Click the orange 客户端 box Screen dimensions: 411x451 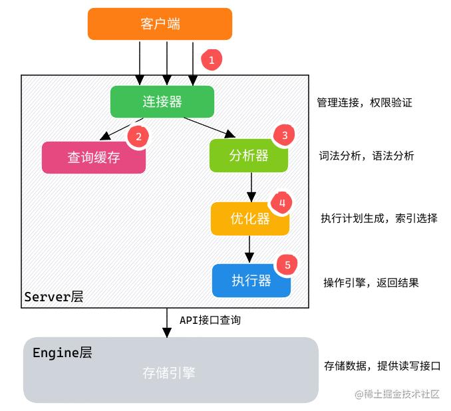click(160, 24)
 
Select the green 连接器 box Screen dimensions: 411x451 click(162, 101)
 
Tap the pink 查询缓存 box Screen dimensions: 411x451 click(94, 158)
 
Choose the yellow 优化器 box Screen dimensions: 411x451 click(249, 219)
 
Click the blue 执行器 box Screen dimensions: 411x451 click(251, 280)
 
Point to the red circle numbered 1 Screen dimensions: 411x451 click(212, 60)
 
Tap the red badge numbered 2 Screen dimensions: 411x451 click(138, 137)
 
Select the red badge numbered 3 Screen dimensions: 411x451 click(285, 135)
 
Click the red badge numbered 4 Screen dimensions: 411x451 click(282, 203)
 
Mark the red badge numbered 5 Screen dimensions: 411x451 click(287, 265)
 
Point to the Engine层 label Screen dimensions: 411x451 click(62, 352)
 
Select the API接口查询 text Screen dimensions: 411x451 click(210, 320)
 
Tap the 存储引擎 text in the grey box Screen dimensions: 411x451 click(169, 372)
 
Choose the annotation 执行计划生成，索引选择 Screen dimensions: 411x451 click(378, 218)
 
